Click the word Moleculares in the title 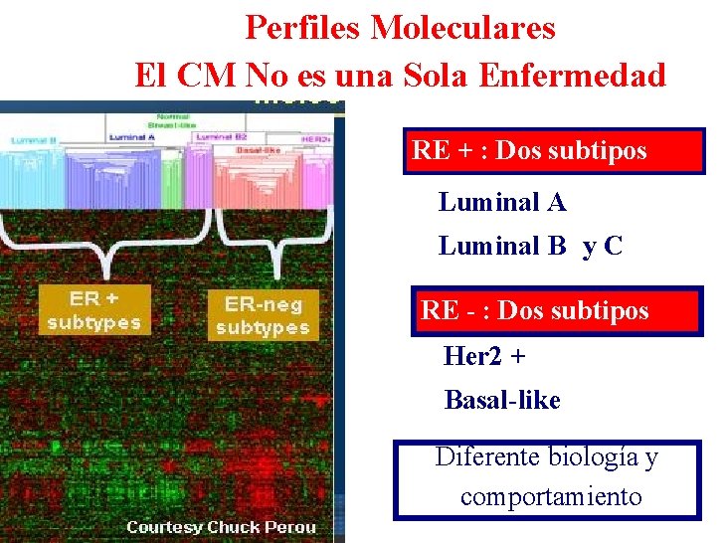(462, 27)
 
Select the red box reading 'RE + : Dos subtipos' (553, 151)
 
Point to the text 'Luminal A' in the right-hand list (502, 203)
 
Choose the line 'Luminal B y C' (530, 246)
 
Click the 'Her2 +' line (484, 356)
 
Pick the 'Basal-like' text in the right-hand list (502, 401)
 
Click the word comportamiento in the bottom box (551, 496)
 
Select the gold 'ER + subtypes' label (94, 309)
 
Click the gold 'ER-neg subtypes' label (263, 315)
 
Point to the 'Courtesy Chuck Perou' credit (221, 527)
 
